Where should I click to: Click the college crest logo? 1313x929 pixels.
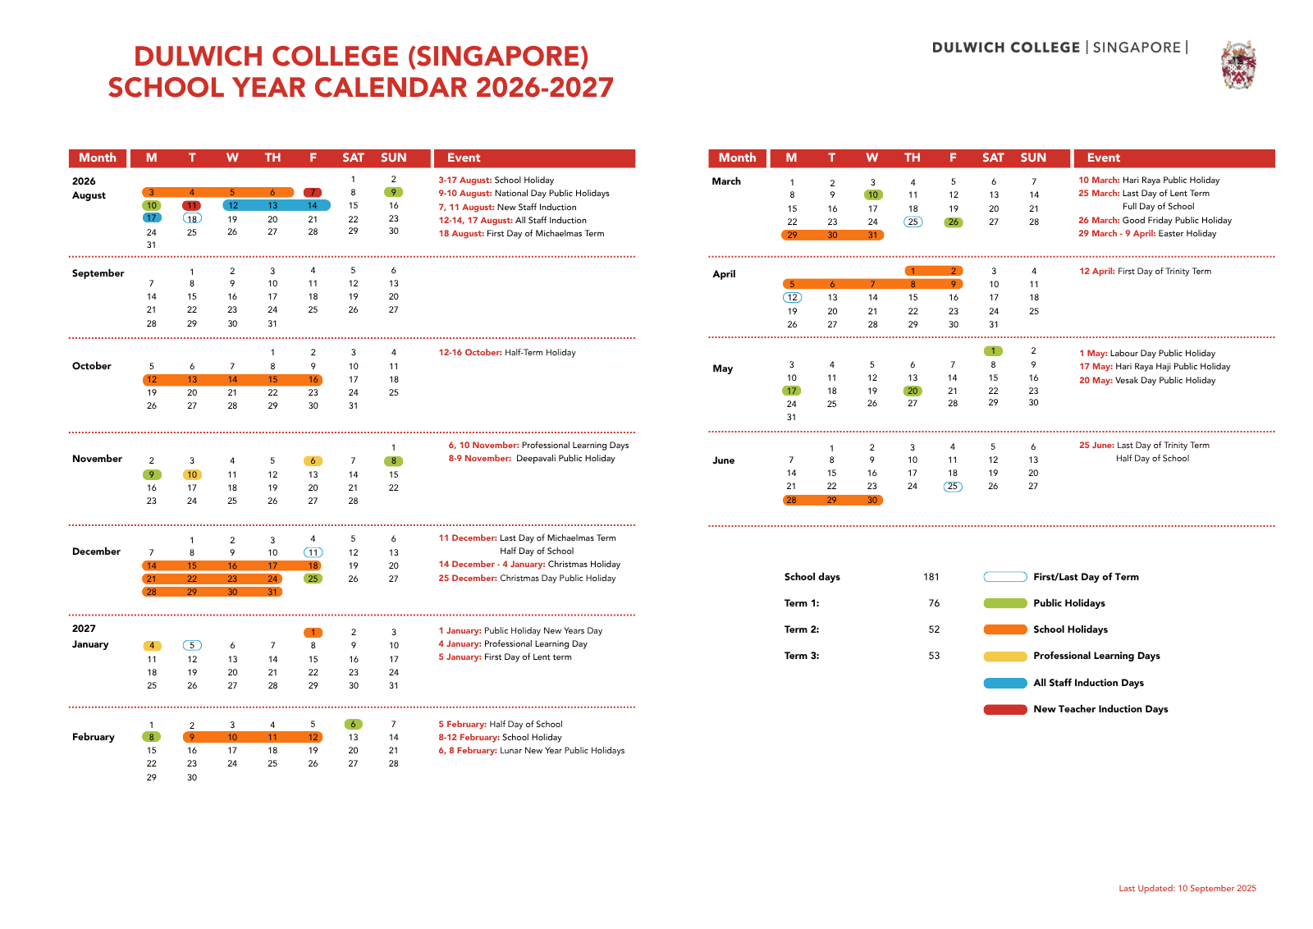tap(1238, 64)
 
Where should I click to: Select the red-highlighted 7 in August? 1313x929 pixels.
tap(313, 193)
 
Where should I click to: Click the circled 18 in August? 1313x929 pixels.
tap(192, 218)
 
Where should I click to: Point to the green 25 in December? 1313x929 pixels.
tap(313, 579)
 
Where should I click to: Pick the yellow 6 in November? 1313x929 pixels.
tap(313, 461)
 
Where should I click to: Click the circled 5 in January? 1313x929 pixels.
tap(192, 645)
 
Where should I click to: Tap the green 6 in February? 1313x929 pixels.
tap(353, 724)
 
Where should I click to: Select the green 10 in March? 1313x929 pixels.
tap(872, 195)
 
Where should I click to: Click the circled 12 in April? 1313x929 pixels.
tap(792, 297)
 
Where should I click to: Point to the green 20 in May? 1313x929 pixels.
tap(913, 391)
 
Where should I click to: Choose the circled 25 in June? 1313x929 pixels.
tap(952, 486)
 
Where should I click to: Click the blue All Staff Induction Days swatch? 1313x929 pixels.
tap(1005, 683)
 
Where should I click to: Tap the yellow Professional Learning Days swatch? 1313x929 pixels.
tap(1005, 657)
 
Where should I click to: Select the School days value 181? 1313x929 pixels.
tap(931, 577)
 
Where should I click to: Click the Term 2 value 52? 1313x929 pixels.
tap(934, 629)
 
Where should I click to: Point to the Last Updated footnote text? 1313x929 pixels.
tap(1187, 888)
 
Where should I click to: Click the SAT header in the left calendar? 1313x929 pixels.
tap(353, 158)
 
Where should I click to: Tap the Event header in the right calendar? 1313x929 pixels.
tap(1103, 158)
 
